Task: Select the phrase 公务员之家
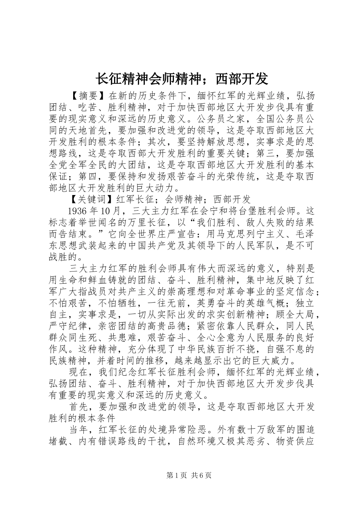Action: coord(220,120)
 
